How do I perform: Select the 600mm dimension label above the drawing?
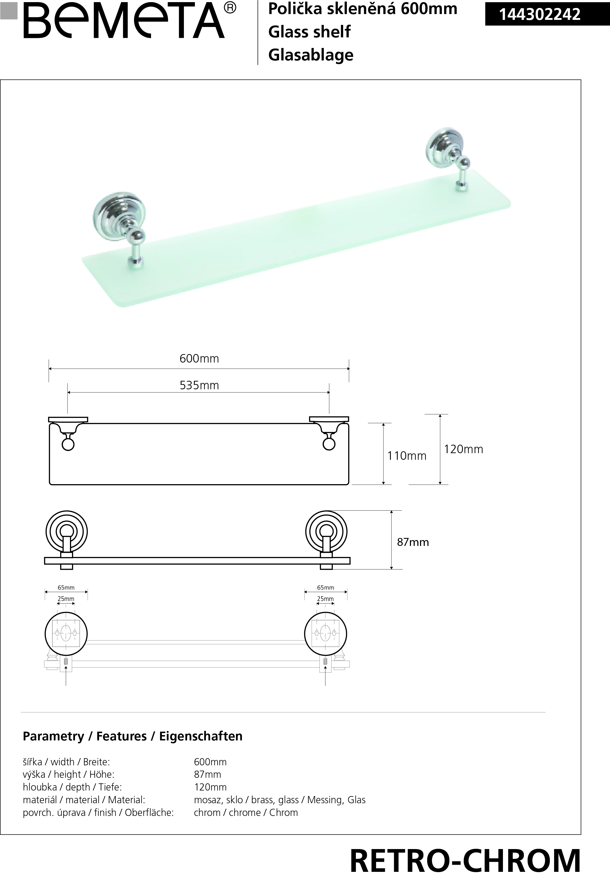[199, 359]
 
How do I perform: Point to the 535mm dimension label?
[199, 385]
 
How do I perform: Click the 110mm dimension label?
[407, 456]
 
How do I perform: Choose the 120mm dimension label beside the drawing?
[463, 449]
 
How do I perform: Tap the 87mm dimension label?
[413, 542]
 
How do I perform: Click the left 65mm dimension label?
[66, 588]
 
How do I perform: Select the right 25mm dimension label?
[325, 598]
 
